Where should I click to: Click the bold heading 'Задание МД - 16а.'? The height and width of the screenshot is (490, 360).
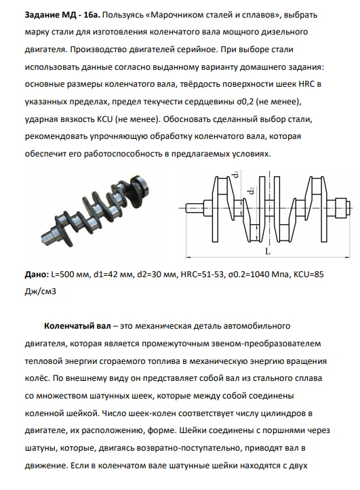click(62, 15)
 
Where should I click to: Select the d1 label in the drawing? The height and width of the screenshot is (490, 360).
click(236, 173)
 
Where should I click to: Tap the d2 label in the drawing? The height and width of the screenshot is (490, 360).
click(252, 190)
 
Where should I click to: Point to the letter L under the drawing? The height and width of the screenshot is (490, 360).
click(268, 251)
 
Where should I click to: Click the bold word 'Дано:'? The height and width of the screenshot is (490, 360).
click(37, 274)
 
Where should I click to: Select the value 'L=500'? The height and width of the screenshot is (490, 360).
click(65, 274)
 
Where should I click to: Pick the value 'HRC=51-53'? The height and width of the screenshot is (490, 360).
click(203, 274)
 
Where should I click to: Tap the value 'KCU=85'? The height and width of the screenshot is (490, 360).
click(308, 274)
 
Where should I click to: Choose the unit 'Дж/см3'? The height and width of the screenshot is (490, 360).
click(41, 292)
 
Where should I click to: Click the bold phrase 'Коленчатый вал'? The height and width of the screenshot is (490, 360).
click(77, 326)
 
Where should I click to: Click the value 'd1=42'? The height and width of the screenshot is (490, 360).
click(106, 274)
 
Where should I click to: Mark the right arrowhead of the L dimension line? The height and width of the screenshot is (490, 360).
click(347, 258)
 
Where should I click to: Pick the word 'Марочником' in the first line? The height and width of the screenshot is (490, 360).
click(174, 15)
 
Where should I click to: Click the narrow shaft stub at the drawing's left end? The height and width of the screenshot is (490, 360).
click(195, 208)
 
